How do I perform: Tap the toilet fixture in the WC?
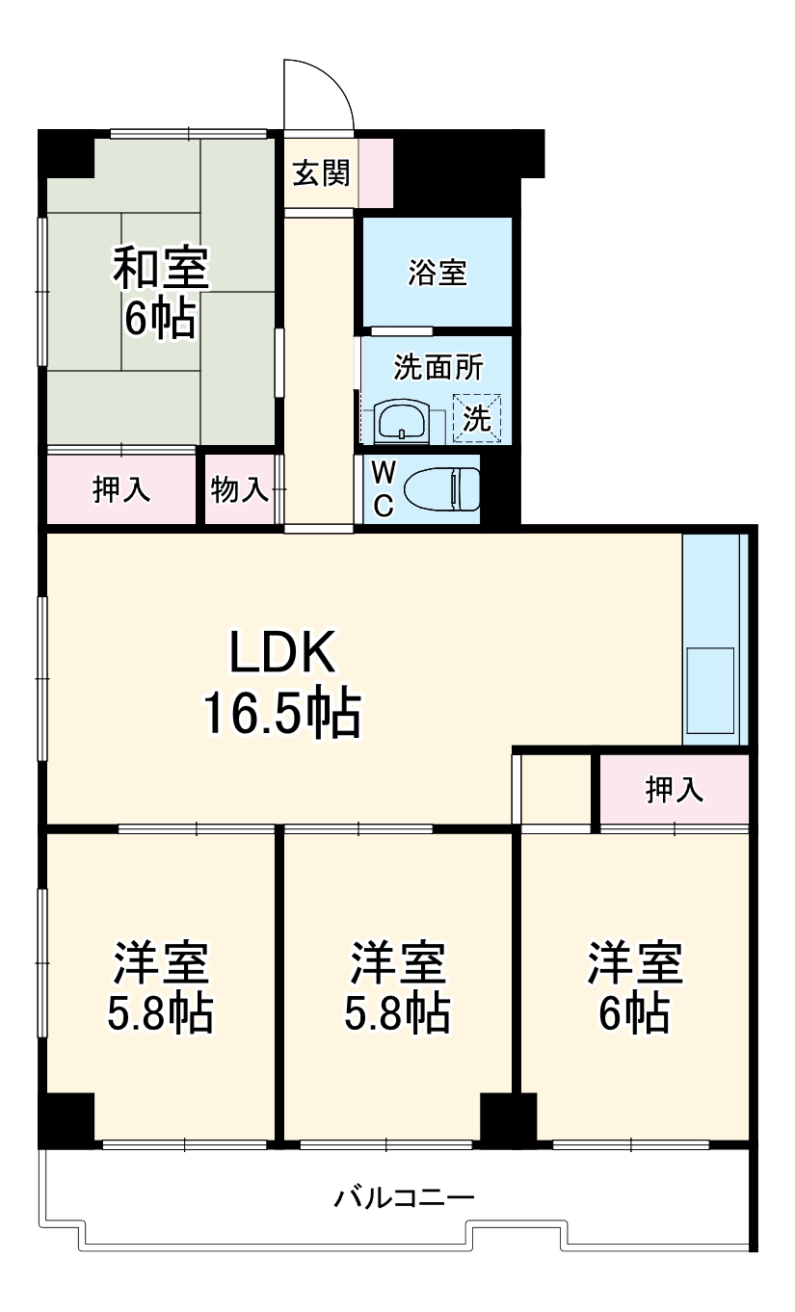point(441,489)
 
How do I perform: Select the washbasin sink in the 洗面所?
point(402,420)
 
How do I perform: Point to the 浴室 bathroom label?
point(437,273)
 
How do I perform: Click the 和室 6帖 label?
point(160,292)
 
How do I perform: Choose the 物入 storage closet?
point(239,490)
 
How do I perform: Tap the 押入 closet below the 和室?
point(121,490)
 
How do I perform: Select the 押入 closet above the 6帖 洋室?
point(674,790)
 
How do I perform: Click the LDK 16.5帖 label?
point(281,683)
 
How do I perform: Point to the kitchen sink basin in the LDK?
point(709,691)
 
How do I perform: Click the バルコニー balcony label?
point(405,1198)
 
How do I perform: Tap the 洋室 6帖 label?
point(635,986)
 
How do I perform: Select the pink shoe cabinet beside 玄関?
point(376,173)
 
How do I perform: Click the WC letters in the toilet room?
point(383,489)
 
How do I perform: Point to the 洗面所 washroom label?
point(438,367)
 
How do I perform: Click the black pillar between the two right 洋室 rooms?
point(507,1120)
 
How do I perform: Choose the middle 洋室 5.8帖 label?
point(397,986)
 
